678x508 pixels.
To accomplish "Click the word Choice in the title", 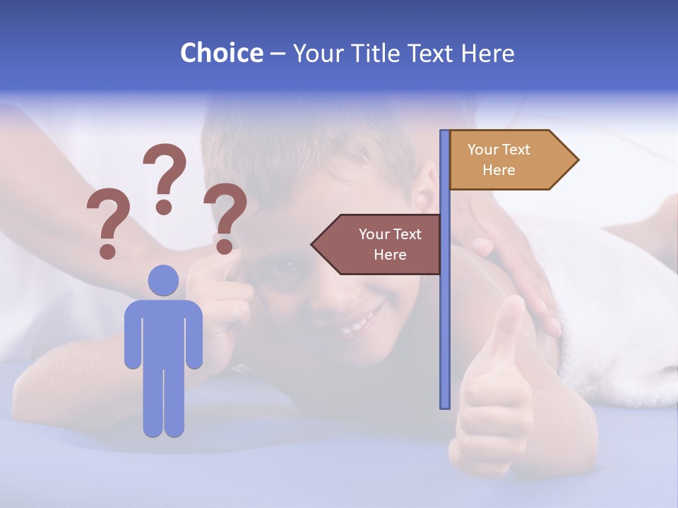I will pos(221,53).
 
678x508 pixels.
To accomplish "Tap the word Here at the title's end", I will pos(487,54).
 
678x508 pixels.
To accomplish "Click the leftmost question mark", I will pos(108,223).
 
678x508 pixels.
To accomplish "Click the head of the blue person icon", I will pos(163,280).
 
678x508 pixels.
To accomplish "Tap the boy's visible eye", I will pos(288,265).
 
